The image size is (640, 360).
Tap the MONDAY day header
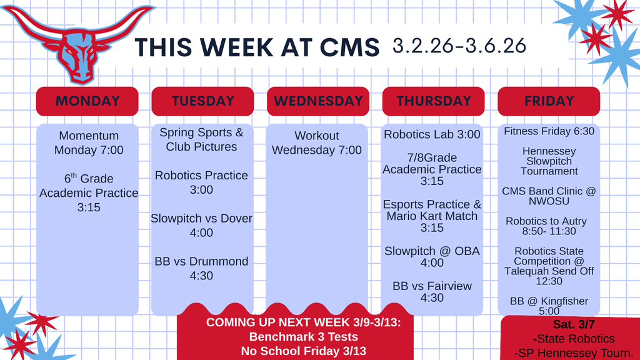coord(87,101)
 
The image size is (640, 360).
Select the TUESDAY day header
coord(202,101)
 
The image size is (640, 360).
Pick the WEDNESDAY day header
coord(318,101)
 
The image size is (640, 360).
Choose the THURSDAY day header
coord(433,101)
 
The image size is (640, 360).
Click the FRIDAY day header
coord(549,101)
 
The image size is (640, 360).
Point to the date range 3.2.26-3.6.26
coord(459,45)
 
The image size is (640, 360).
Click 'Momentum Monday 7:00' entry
coord(89,142)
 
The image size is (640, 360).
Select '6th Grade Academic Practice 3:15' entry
coord(89,192)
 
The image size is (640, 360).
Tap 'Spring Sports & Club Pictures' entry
coord(201,139)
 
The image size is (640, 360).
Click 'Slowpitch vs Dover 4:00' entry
coord(201,225)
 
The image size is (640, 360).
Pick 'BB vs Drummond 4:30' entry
coord(201,268)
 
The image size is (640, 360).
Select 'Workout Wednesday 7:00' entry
coord(317,142)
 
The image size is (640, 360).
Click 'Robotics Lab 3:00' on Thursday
coord(432,134)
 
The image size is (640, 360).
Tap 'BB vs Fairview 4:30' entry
coord(432,291)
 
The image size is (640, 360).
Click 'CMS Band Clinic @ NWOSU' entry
coord(548,196)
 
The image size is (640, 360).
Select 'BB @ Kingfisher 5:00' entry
coord(549,306)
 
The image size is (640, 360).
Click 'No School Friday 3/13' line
coord(295,351)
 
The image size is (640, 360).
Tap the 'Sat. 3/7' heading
coord(565,326)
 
